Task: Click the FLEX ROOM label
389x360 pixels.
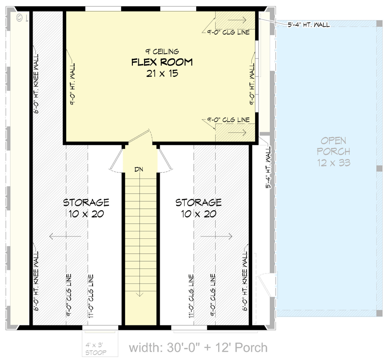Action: (162, 62)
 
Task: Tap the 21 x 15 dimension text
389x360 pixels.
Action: (162, 74)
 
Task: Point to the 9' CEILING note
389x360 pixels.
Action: (162, 51)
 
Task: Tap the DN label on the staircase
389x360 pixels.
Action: (140, 169)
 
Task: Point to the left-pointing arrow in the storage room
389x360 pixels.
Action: (64, 236)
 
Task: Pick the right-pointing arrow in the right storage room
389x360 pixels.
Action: (216, 236)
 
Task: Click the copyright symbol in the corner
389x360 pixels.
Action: (19, 18)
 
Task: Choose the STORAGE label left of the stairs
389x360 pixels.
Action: (86, 202)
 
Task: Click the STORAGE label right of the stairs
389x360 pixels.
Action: (198, 202)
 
